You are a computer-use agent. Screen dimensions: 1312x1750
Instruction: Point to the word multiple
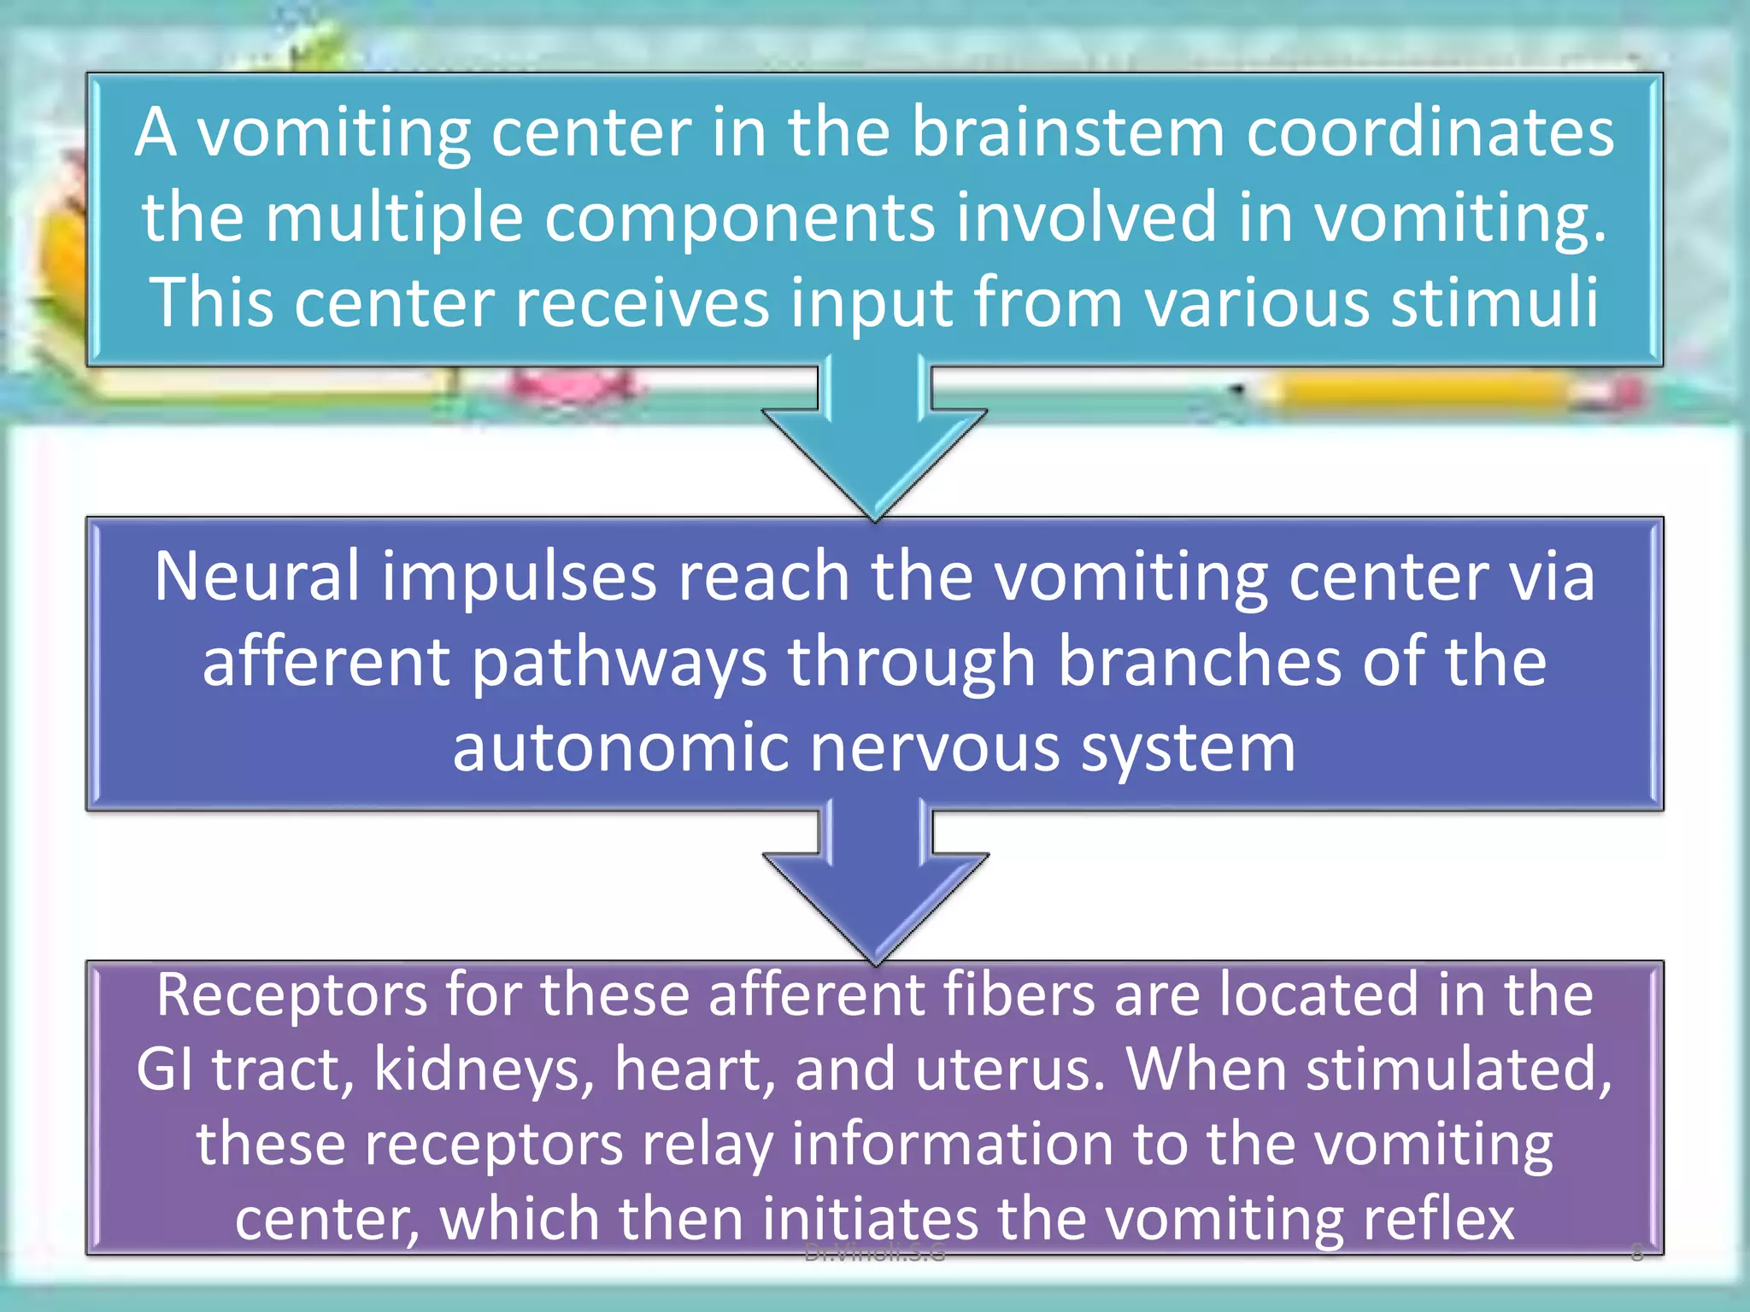393,218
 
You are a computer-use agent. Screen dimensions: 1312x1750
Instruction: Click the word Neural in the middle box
256,577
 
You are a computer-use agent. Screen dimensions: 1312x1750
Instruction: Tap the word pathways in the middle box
619,664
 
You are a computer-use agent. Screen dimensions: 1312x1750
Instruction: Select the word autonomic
620,747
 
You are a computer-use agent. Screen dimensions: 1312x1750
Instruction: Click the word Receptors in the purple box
291,995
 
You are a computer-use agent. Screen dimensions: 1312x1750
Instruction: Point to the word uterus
1009,1070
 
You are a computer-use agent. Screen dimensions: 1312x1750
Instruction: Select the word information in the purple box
952,1145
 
